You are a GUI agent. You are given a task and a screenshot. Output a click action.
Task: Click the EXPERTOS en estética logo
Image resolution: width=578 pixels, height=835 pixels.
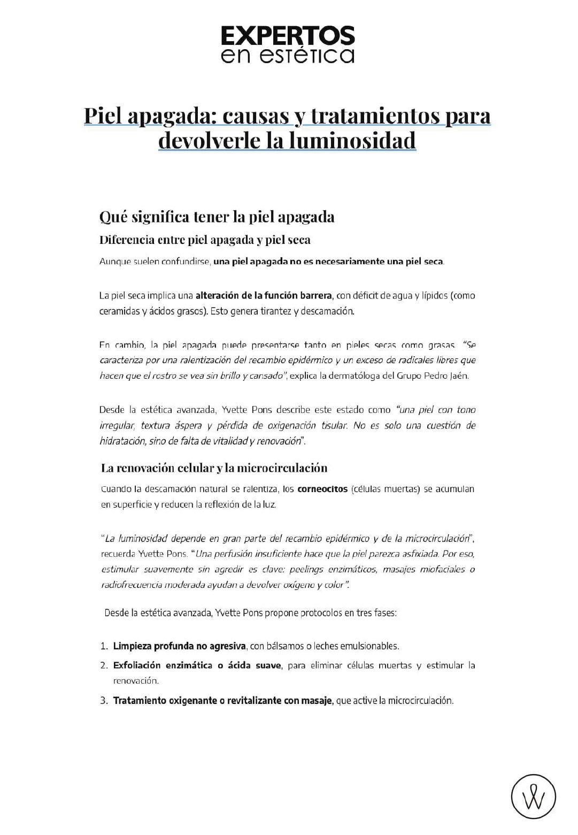click(x=288, y=44)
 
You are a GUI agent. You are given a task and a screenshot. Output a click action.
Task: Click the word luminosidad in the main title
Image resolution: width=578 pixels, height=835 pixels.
click(x=352, y=141)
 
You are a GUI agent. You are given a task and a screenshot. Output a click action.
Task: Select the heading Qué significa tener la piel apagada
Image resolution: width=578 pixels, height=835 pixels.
click(x=217, y=217)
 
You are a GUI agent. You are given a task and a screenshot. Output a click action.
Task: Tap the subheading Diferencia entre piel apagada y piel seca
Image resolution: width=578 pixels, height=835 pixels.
click(x=205, y=240)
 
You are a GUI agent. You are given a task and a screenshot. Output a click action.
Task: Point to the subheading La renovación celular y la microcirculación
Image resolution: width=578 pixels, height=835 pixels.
click(x=214, y=468)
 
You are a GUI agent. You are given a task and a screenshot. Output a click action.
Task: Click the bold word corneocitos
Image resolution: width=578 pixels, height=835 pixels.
click(x=322, y=489)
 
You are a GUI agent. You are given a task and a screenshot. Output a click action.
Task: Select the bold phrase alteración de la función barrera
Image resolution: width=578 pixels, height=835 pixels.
click(x=264, y=295)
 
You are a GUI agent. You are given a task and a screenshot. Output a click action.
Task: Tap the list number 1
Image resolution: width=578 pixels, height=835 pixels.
click(x=104, y=646)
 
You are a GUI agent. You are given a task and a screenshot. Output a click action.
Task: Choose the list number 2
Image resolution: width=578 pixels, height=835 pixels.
click(x=104, y=665)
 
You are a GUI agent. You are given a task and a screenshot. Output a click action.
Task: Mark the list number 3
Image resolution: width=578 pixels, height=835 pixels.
click(x=104, y=701)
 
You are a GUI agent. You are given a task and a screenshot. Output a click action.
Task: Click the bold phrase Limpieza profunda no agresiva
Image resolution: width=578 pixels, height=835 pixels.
click(x=179, y=646)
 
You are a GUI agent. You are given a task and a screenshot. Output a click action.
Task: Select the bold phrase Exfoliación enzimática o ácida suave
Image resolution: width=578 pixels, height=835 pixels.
click(x=197, y=665)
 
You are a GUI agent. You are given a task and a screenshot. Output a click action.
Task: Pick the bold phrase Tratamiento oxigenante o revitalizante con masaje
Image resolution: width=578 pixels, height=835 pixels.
click(x=222, y=701)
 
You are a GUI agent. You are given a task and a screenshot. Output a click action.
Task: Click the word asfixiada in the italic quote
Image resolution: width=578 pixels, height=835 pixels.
click(x=421, y=554)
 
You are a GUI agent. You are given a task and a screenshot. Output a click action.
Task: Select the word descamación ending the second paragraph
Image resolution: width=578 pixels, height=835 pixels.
click(x=327, y=311)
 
